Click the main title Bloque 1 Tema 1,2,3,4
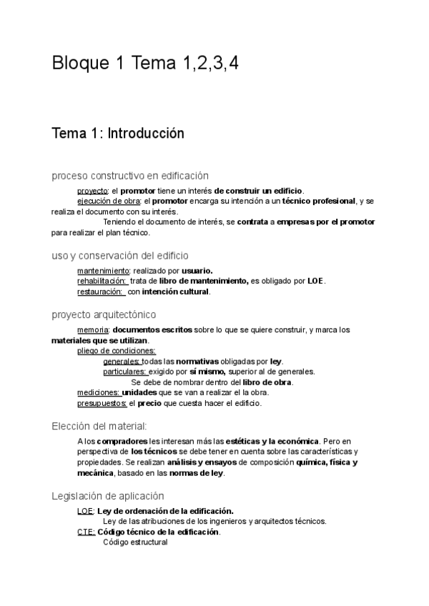click(x=145, y=64)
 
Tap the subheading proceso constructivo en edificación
click(x=130, y=176)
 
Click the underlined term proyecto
click(x=92, y=191)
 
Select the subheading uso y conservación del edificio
click(x=120, y=255)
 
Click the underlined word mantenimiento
click(x=103, y=271)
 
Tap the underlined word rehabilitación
click(x=102, y=281)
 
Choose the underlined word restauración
click(x=101, y=292)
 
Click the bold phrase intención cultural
click(x=175, y=292)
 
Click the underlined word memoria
click(x=93, y=330)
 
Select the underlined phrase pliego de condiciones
click(x=116, y=351)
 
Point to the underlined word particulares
click(x=125, y=372)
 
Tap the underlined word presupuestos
click(x=102, y=403)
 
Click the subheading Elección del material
click(x=99, y=426)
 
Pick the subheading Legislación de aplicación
click(x=108, y=496)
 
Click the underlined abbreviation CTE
click(x=85, y=532)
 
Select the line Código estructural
click(x=135, y=542)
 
